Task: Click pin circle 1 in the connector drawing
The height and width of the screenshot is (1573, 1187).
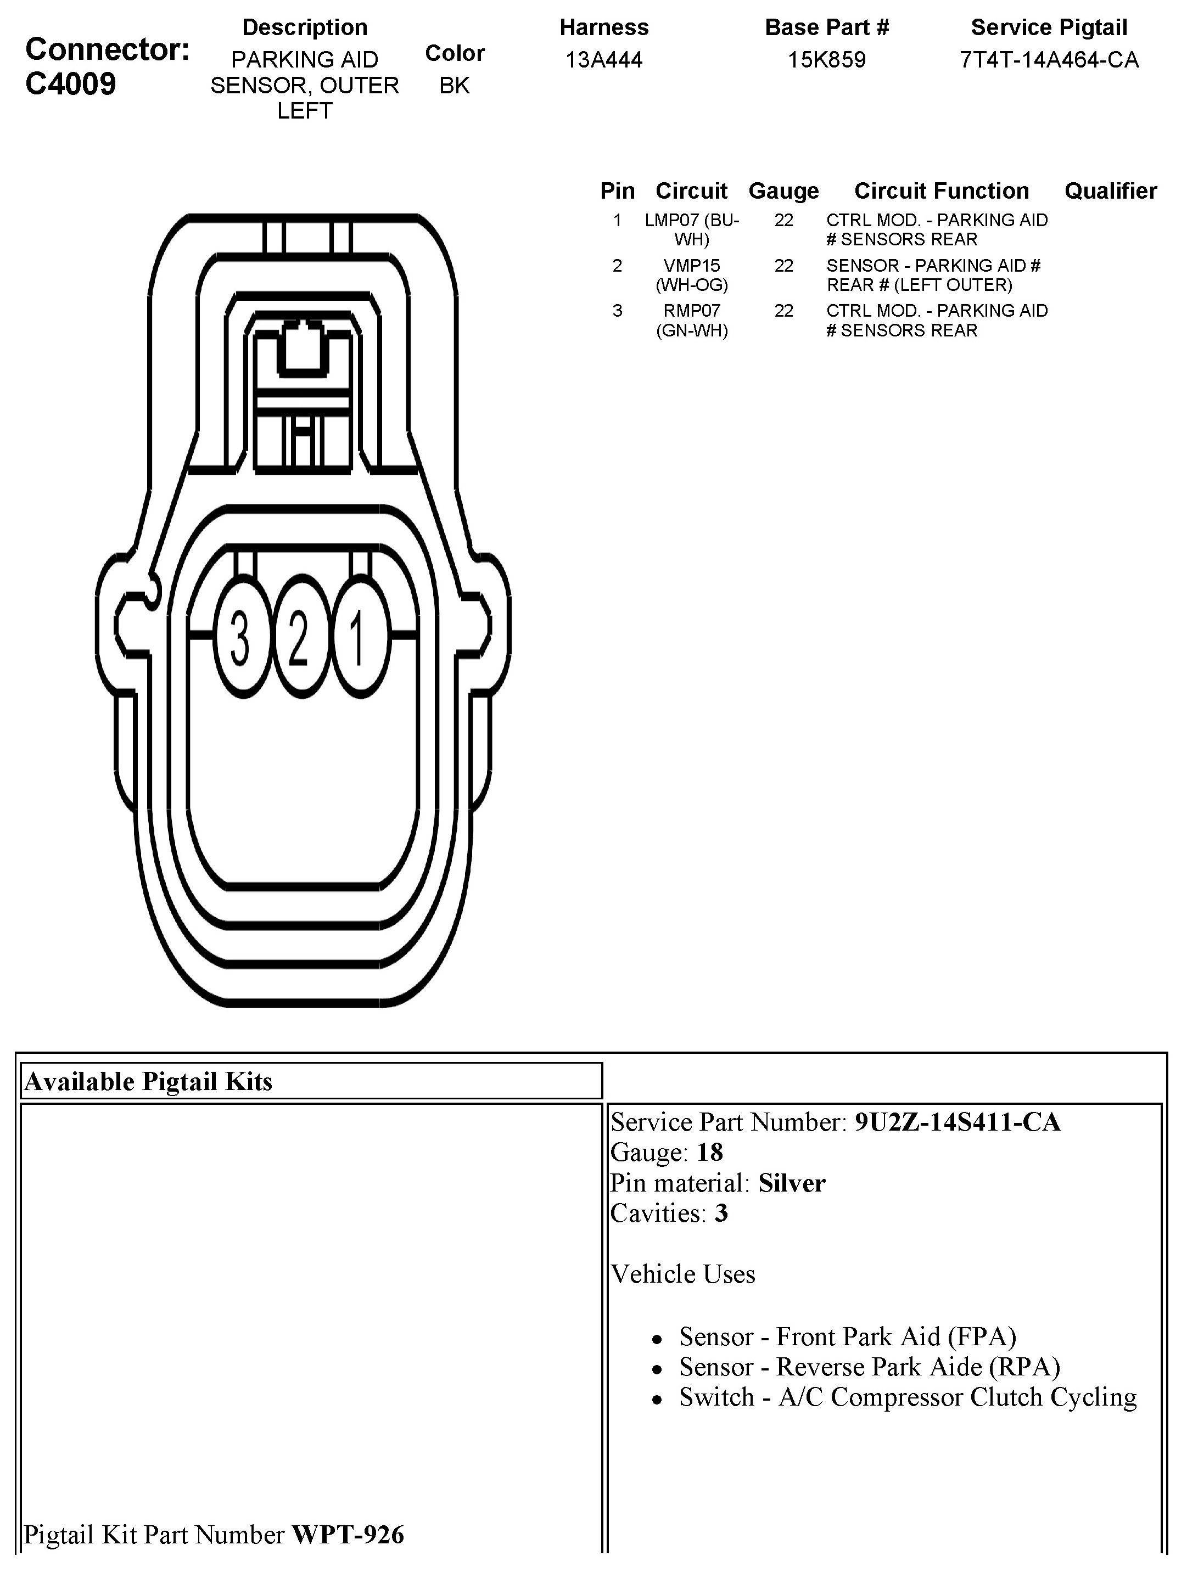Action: click(360, 635)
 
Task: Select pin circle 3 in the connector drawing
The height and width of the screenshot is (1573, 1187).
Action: click(242, 635)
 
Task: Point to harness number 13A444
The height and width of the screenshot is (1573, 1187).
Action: click(604, 60)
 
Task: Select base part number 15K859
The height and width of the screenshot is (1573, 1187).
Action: click(826, 60)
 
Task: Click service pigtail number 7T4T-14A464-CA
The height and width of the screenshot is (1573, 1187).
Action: click(1049, 60)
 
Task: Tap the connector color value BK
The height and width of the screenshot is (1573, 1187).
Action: click(455, 85)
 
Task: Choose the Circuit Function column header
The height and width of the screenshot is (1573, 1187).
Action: click(941, 190)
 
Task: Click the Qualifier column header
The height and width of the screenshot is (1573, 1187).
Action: click(1110, 190)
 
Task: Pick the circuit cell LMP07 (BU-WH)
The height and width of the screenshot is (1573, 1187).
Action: click(691, 229)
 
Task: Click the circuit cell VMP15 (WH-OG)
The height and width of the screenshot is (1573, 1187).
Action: click(691, 274)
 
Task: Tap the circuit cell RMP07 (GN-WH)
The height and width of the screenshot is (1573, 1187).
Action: click(691, 320)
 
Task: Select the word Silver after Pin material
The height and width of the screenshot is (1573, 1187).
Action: click(792, 1183)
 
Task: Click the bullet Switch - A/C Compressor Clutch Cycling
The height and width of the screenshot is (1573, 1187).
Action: click(908, 1397)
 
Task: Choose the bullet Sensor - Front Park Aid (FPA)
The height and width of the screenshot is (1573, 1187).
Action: click(847, 1337)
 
